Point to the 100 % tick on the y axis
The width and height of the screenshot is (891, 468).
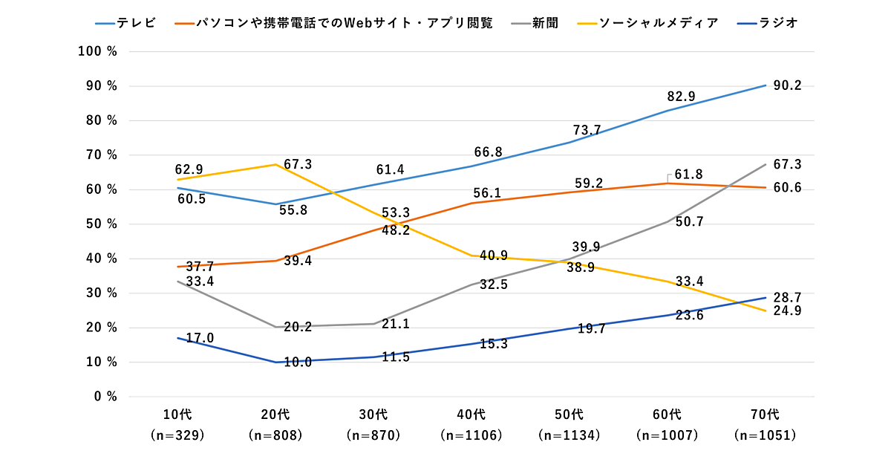98,51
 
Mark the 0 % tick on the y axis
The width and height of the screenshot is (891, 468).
105,397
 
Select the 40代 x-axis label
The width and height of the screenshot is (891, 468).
472,414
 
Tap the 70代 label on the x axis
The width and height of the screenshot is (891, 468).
766,414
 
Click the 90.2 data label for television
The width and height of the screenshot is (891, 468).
787,85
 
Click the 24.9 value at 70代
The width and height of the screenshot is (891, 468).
787,311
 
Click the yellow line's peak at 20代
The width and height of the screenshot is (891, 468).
276,164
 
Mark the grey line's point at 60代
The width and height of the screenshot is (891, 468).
668,221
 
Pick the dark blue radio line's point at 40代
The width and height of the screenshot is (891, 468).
472,343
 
